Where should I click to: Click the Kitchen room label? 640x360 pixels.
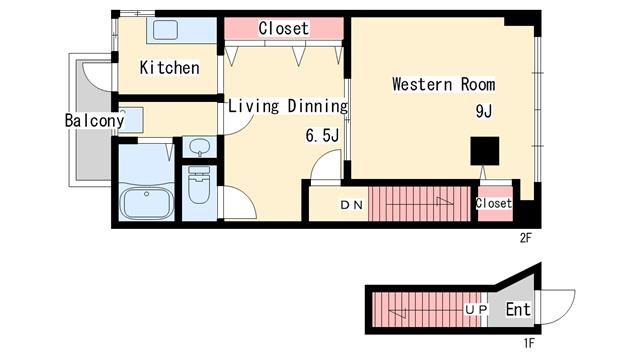(169, 67)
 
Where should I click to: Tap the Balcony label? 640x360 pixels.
(94, 120)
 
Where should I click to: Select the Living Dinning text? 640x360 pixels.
(288, 106)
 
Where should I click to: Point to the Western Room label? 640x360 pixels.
(444, 84)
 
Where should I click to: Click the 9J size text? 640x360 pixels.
(484, 111)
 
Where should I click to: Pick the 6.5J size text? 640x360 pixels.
(322, 136)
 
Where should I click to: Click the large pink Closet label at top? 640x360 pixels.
(284, 28)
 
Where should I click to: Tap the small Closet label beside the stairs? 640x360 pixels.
(493, 203)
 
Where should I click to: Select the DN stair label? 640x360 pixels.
(352, 205)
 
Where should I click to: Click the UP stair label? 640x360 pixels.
(476, 310)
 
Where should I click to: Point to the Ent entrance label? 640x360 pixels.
(518, 309)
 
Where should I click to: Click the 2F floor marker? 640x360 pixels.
(526, 238)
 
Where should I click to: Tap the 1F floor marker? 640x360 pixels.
(529, 343)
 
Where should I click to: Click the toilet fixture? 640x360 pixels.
(199, 184)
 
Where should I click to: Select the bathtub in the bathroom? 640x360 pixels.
(147, 203)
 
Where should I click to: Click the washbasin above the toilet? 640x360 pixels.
(200, 147)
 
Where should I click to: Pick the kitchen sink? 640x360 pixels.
(165, 30)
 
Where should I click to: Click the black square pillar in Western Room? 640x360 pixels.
(484, 151)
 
